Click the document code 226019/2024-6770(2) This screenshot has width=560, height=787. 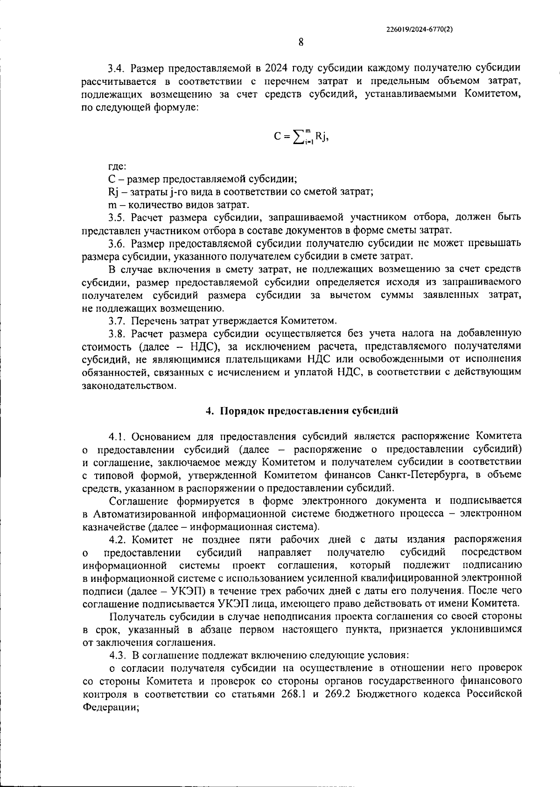(420, 29)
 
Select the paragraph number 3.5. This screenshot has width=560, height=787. (118, 217)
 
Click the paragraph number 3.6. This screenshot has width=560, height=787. (118, 243)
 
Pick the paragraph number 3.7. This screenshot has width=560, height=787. (118, 321)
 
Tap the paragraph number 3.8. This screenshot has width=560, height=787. (118, 333)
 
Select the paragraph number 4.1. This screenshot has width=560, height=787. (118, 436)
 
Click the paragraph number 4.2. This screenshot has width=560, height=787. (118, 540)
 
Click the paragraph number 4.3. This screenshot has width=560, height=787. (118, 655)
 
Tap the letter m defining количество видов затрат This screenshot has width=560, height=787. (111, 205)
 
